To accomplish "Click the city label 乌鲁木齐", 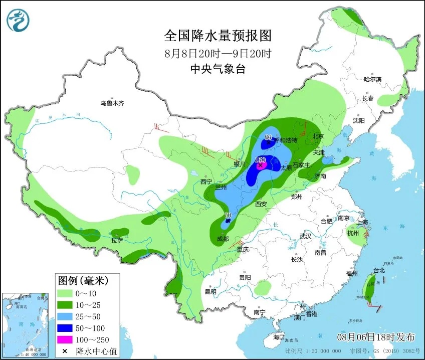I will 111,103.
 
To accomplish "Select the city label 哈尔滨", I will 372,79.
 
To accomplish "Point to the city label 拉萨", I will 117,241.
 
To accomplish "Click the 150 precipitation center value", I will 260,159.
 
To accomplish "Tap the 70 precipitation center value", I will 228,216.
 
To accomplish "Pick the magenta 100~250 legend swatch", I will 64,339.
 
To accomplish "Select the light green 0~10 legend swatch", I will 64,293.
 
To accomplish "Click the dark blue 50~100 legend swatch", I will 64,328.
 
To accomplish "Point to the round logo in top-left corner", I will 18,20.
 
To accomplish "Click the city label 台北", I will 379,270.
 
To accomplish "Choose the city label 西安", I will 261,204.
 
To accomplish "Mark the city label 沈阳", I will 358,120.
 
